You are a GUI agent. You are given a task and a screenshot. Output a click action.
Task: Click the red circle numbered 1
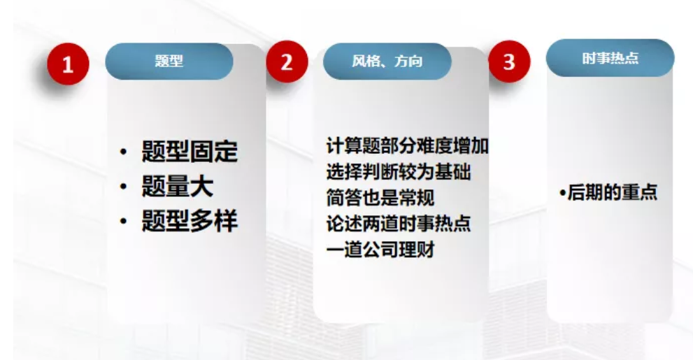[68, 64]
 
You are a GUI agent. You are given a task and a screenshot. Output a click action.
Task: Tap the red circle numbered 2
[287, 62]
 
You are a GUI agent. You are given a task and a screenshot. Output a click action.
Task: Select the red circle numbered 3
[509, 62]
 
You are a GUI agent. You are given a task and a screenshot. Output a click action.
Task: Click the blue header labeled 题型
[169, 62]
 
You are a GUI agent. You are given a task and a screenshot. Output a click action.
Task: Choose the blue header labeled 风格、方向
[387, 62]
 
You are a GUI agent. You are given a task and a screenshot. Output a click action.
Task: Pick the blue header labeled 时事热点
[610, 58]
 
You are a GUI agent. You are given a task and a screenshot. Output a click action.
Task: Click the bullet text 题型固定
[190, 152]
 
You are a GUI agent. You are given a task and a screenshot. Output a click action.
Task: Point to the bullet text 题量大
[177, 186]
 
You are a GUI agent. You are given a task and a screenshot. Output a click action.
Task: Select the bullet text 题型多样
[190, 220]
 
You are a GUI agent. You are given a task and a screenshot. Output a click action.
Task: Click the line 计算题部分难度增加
[407, 146]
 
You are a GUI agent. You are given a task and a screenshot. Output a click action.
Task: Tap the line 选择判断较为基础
[398, 172]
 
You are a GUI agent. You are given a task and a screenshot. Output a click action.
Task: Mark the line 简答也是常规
[380, 197]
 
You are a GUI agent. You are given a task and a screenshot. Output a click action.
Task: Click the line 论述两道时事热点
[398, 224]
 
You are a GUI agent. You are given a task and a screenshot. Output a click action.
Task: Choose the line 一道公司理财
[380, 250]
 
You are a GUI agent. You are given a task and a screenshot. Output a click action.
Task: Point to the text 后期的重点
[612, 193]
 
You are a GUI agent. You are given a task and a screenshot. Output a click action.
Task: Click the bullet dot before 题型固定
[123, 152]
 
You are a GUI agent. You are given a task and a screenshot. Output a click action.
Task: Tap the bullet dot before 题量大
[123, 187]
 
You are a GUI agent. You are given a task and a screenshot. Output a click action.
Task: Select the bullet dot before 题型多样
[123, 221]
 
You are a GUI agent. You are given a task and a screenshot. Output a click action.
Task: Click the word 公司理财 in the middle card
[398, 250]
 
